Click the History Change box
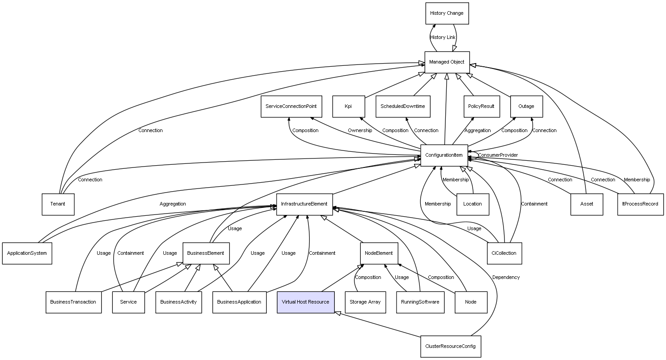point(447,13)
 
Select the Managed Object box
point(447,62)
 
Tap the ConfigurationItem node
point(444,155)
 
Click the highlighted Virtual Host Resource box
point(305,302)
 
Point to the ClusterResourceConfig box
point(450,346)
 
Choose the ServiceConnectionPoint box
point(291,106)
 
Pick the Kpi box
point(348,106)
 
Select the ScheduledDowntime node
point(403,106)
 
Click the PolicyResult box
point(481,106)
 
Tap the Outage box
point(526,106)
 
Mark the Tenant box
point(58,204)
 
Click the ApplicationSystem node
point(27,253)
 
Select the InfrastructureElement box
point(304,204)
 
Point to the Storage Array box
point(365,302)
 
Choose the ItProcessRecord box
point(640,204)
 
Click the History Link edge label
point(443,37)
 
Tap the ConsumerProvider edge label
point(498,155)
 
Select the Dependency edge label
point(506,277)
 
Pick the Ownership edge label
point(360,130)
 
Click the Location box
point(473,204)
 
